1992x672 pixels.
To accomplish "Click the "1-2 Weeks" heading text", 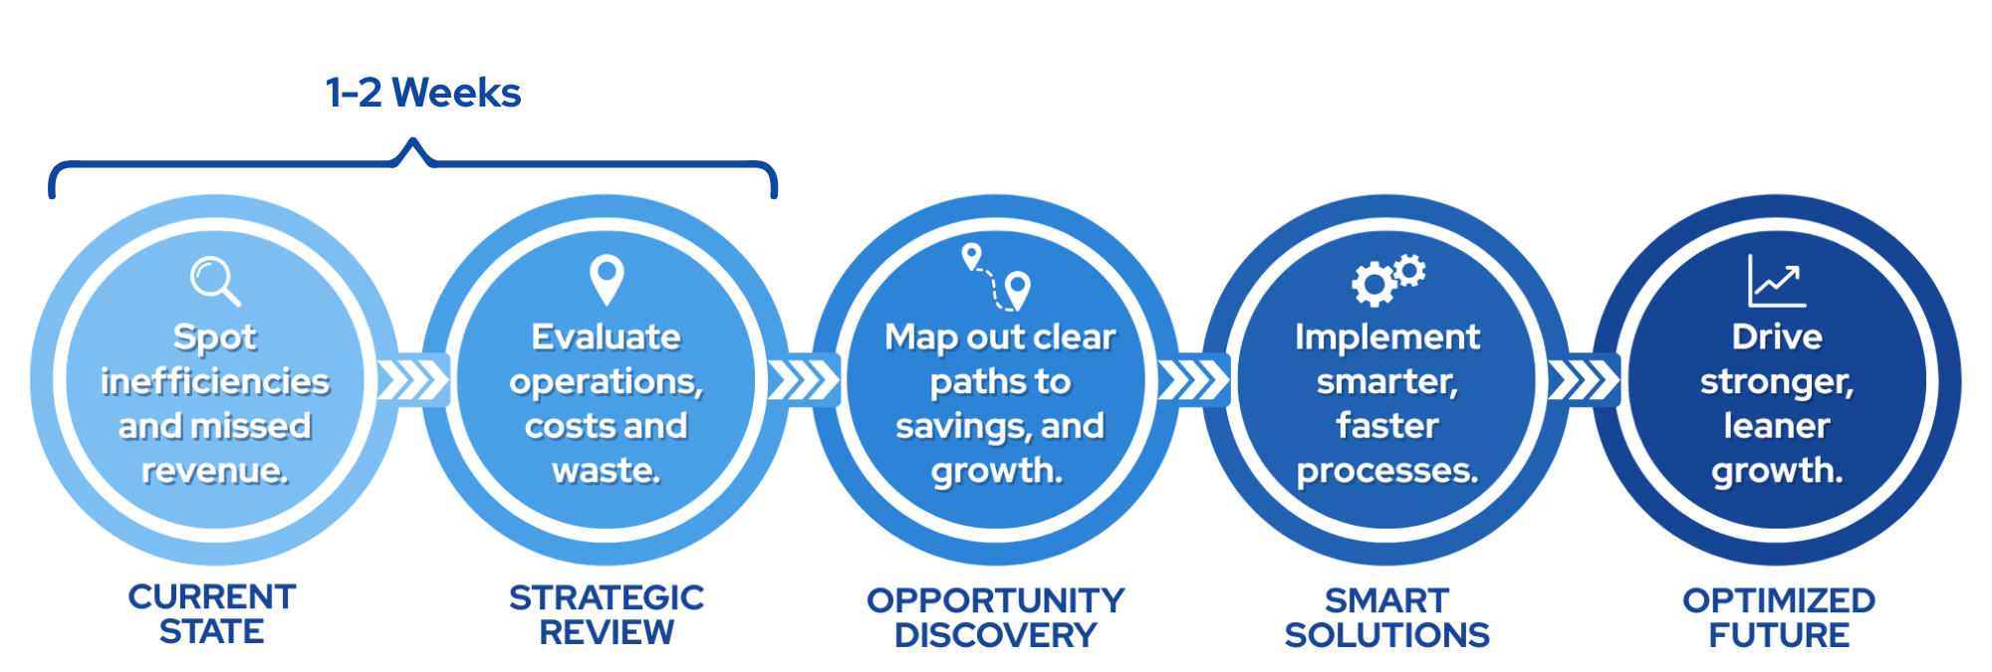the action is [x=423, y=93].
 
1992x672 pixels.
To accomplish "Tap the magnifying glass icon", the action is [x=215, y=281].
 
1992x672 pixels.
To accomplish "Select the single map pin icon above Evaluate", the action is [x=607, y=280].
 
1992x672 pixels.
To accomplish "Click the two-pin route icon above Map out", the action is [x=996, y=278].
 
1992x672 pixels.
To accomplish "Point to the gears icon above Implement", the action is [x=1388, y=280].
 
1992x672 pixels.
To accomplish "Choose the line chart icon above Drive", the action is [x=1777, y=281].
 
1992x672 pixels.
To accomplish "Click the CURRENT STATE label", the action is [x=212, y=613].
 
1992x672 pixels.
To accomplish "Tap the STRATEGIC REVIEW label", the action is [x=607, y=614].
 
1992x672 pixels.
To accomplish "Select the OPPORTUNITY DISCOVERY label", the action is [x=996, y=617].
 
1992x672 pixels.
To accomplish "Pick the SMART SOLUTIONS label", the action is [x=1387, y=617].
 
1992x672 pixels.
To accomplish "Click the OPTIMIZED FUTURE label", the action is [x=1779, y=617].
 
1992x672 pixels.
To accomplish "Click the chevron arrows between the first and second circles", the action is [x=412, y=380].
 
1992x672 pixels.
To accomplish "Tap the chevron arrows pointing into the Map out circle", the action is [x=803, y=380].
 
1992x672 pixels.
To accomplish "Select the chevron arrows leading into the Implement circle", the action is [x=1193, y=380].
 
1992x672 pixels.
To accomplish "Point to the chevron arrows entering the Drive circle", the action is [x=1584, y=380].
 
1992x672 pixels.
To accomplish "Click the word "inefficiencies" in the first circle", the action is [x=215, y=381].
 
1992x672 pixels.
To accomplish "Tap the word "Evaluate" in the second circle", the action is [x=607, y=336].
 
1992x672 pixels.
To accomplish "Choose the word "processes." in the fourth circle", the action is [x=1387, y=471].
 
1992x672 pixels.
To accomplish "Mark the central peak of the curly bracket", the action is [x=412, y=142].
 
